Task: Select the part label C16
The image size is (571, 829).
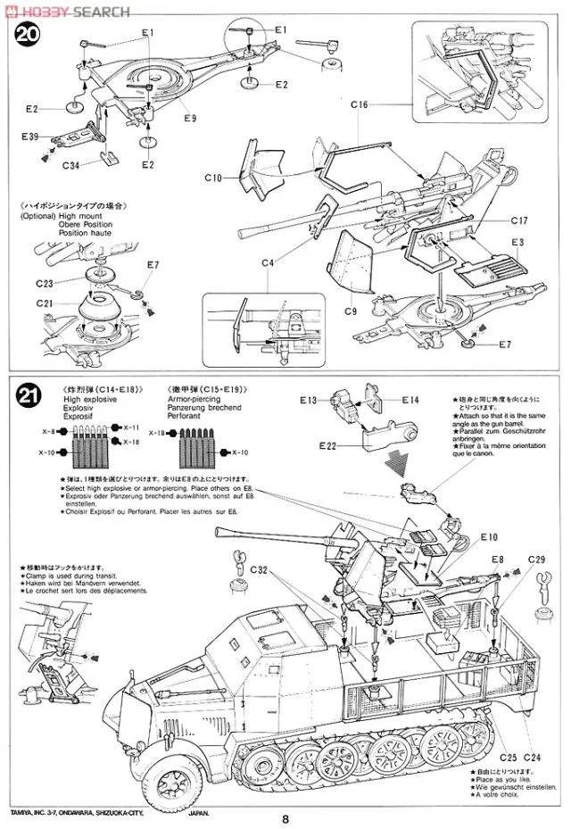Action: (359, 105)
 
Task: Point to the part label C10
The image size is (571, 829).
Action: (212, 178)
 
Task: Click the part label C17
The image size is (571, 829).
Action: (521, 220)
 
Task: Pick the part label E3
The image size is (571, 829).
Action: (518, 243)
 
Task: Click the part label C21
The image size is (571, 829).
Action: (46, 303)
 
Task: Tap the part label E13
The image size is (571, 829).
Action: (309, 400)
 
